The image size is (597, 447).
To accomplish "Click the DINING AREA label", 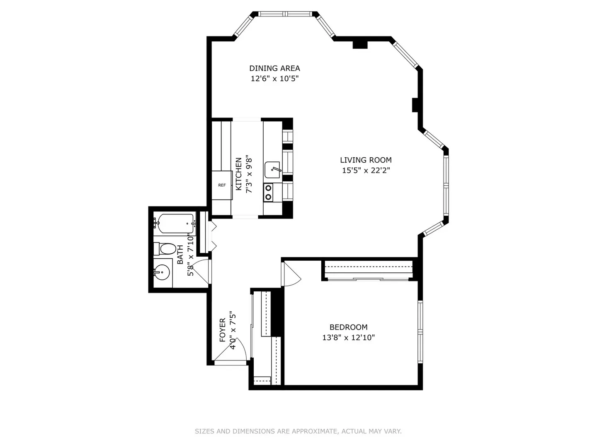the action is [274, 68].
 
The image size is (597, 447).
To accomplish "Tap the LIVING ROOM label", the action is [366, 160].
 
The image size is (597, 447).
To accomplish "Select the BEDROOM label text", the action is [348, 327].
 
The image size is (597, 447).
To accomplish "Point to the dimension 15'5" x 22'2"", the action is [366, 170].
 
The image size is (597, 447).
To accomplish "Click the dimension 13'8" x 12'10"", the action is [348, 337].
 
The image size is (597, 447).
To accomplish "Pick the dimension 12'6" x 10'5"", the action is [274, 79].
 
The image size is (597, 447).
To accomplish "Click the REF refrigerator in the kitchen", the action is [222, 185].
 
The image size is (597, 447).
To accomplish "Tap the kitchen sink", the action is [272, 170].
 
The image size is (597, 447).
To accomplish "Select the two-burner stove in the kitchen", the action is [269, 192].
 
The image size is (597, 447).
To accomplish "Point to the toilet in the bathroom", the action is [165, 249].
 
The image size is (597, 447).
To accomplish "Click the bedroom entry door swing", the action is [291, 274].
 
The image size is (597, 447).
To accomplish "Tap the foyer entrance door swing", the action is [231, 350].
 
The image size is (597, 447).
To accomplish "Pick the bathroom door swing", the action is [201, 272].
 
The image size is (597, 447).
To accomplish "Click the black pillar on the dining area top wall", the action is [360, 45].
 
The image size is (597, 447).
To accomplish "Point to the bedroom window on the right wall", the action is [420, 332].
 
